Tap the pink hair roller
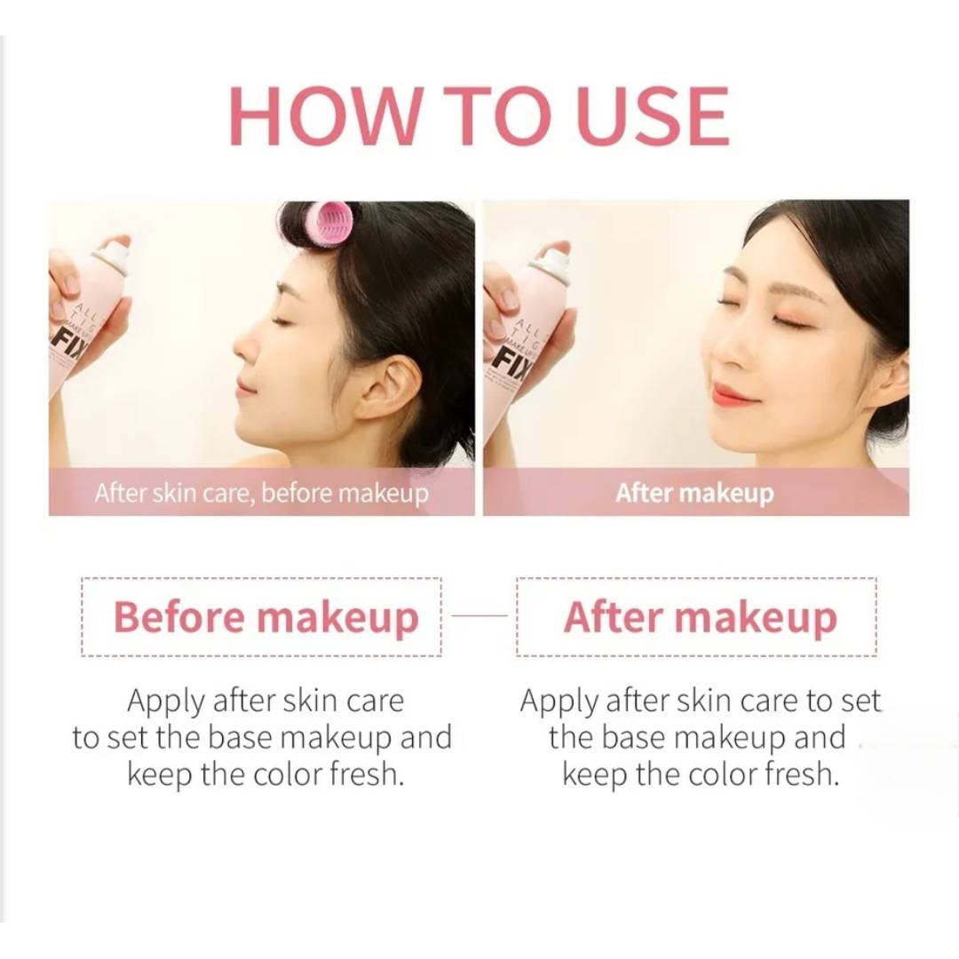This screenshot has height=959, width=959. click(330, 226)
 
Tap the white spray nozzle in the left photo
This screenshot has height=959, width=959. click(114, 255)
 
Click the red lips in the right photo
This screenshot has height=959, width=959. click(733, 394)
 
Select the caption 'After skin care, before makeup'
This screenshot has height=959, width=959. click(261, 493)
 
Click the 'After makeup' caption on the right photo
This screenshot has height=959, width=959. click(694, 493)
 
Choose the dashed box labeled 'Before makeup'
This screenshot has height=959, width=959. click(262, 617)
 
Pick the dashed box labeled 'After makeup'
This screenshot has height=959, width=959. click(697, 617)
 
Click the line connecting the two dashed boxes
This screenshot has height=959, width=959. click(479, 614)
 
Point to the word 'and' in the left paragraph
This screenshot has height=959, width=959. click(424, 738)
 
